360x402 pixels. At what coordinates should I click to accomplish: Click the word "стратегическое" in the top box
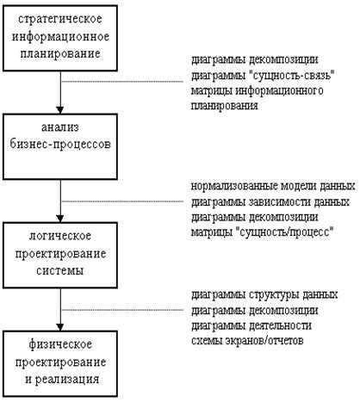click(60, 20)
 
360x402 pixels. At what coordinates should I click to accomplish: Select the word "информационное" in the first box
click(60, 37)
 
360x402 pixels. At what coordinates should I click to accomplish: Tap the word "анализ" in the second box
click(60, 127)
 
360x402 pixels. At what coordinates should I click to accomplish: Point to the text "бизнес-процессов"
click(60, 144)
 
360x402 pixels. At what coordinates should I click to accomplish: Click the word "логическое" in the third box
click(60, 236)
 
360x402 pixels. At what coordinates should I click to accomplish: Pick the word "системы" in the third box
click(60, 271)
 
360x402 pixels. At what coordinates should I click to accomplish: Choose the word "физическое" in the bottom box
click(60, 344)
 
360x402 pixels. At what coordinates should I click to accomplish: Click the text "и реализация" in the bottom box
click(62, 380)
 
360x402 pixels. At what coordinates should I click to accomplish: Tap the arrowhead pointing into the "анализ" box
click(60, 110)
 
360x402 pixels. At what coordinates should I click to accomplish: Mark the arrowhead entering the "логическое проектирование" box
click(60, 219)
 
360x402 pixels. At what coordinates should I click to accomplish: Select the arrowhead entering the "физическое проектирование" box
click(60, 327)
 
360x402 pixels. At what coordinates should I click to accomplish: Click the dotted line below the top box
click(122, 82)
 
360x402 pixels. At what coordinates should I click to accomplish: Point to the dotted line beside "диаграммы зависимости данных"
click(122, 201)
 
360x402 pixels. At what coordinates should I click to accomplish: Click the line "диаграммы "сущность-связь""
click(264, 76)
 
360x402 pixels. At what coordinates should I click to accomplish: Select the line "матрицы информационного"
click(258, 91)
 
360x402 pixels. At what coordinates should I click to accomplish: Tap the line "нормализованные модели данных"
click(273, 187)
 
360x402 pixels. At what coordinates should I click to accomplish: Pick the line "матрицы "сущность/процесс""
click(263, 232)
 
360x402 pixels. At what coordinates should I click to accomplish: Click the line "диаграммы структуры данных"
click(264, 295)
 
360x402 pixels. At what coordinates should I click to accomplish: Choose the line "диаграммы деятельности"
click(251, 326)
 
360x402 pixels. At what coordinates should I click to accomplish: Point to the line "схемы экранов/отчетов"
click(247, 341)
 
